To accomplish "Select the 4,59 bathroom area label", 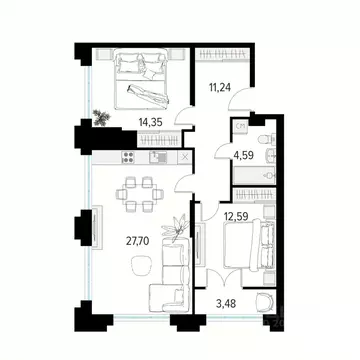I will click(243, 156).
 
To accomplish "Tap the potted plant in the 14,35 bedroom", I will click(100, 116).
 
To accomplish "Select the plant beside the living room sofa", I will click(177, 229).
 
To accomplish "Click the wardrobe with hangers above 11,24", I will click(222, 52).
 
